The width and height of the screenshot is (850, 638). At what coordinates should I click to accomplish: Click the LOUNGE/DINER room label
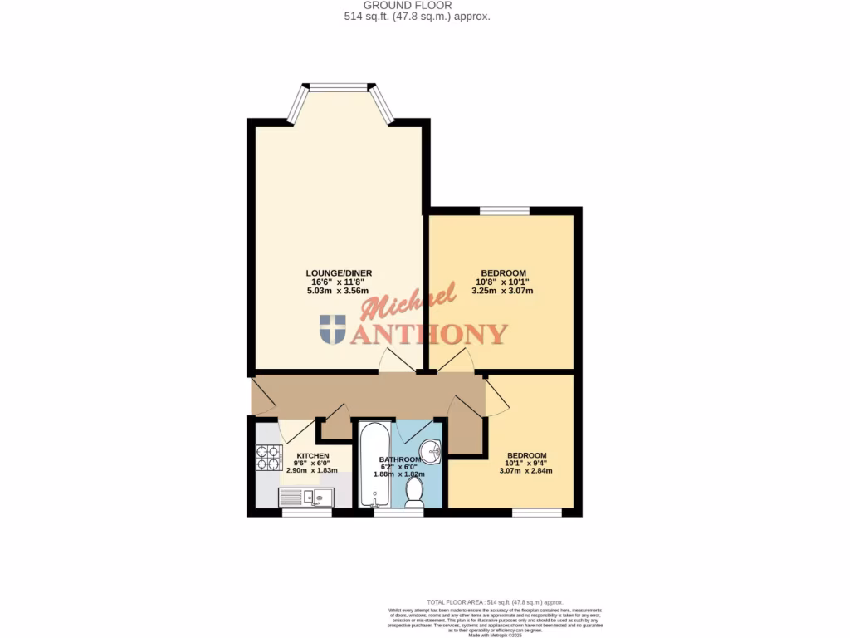338,273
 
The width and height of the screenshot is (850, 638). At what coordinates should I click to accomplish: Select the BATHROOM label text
402,459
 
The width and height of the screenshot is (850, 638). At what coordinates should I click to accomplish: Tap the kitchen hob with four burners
269,459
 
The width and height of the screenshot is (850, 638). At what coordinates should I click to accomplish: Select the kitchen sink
305,497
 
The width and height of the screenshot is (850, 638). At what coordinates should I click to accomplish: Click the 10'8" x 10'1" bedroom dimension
503,282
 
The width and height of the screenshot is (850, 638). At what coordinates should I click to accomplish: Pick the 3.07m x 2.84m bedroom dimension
525,471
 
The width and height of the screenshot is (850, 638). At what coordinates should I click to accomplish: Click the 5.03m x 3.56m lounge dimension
338,291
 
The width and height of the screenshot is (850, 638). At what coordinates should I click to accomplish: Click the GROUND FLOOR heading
424,5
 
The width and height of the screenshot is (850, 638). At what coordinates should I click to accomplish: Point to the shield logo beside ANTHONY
333,329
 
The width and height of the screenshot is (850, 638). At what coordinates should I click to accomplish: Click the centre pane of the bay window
338,86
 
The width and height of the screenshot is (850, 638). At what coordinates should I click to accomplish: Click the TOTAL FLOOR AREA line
495,601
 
